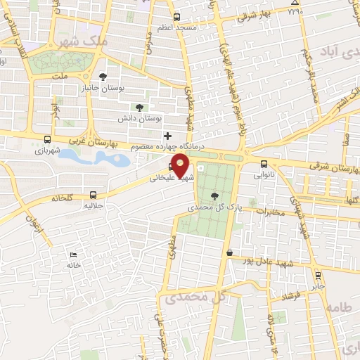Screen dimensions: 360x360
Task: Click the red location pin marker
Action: tap(181, 168)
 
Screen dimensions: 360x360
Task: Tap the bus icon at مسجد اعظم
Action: tap(176, 16)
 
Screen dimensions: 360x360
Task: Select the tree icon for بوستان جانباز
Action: tap(103, 76)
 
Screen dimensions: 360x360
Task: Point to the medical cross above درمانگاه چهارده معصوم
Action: tap(167, 135)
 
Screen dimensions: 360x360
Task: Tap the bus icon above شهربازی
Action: tap(47, 139)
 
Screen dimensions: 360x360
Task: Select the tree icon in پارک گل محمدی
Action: tap(214, 198)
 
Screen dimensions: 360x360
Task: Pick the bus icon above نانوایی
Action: tap(264, 165)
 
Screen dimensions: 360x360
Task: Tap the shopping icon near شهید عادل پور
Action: tap(229, 252)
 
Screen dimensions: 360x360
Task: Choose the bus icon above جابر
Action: tap(318, 276)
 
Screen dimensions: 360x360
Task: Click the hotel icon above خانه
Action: tap(73, 255)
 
